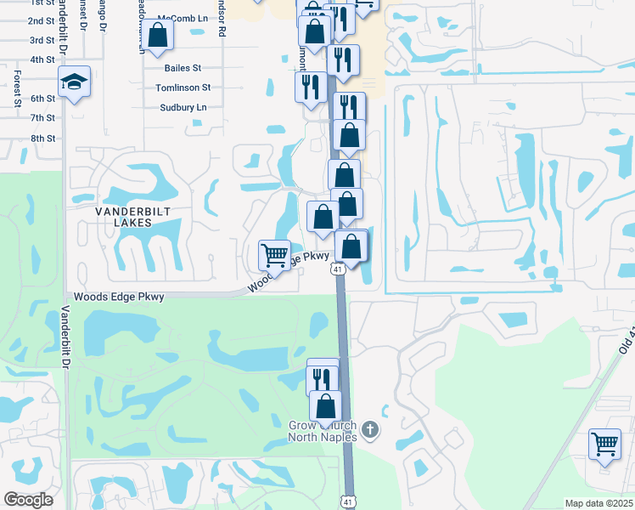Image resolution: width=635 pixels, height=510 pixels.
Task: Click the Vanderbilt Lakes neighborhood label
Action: click(x=117, y=215)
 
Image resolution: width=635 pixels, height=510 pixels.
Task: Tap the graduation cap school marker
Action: click(x=74, y=82)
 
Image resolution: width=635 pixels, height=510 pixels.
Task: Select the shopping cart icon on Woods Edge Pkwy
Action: click(x=273, y=254)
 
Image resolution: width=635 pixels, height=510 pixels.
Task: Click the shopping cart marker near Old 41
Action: click(x=604, y=443)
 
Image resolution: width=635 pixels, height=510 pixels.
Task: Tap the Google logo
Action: click(x=28, y=500)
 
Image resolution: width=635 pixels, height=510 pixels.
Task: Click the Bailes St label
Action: click(x=183, y=68)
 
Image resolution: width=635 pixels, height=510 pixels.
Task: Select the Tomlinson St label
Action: click(x=183, y=88)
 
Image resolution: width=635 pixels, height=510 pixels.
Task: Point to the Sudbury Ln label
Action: click(x=183, y=108)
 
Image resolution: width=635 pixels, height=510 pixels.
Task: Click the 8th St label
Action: click(x=42, y=138)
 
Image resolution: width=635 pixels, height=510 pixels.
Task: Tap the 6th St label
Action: click(x=42, y=99)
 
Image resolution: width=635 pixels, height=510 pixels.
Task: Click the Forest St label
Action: click(x=17, y=89)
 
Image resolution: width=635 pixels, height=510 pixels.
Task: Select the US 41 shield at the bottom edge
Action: click(x=347, y=503)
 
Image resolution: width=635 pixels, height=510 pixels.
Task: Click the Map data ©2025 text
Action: click(x=598, y=503)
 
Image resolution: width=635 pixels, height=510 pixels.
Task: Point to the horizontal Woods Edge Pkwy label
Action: click(x=118, y=297)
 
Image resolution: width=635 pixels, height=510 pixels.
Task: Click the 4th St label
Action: click(x=42, y=59)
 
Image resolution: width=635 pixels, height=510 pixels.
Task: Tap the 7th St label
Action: click(x=42, y=118)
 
